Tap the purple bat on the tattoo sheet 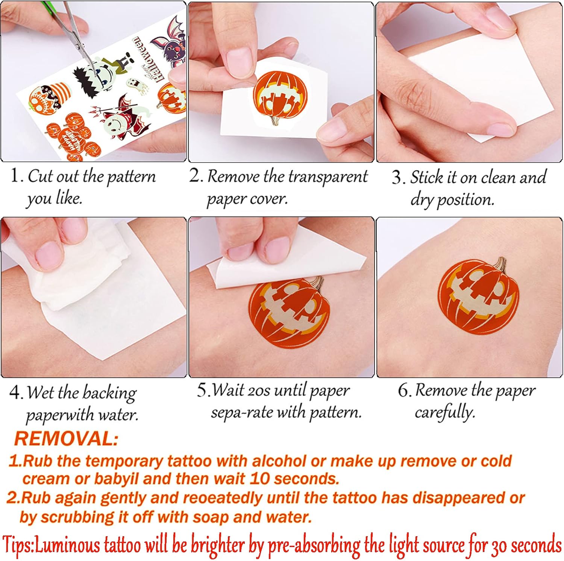[x=168, y=43]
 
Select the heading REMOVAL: [x=66, y=439]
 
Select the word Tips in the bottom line [x=17, y=544]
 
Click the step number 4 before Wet [x=15, y=393]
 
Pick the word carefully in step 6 [x=445, y=413]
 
